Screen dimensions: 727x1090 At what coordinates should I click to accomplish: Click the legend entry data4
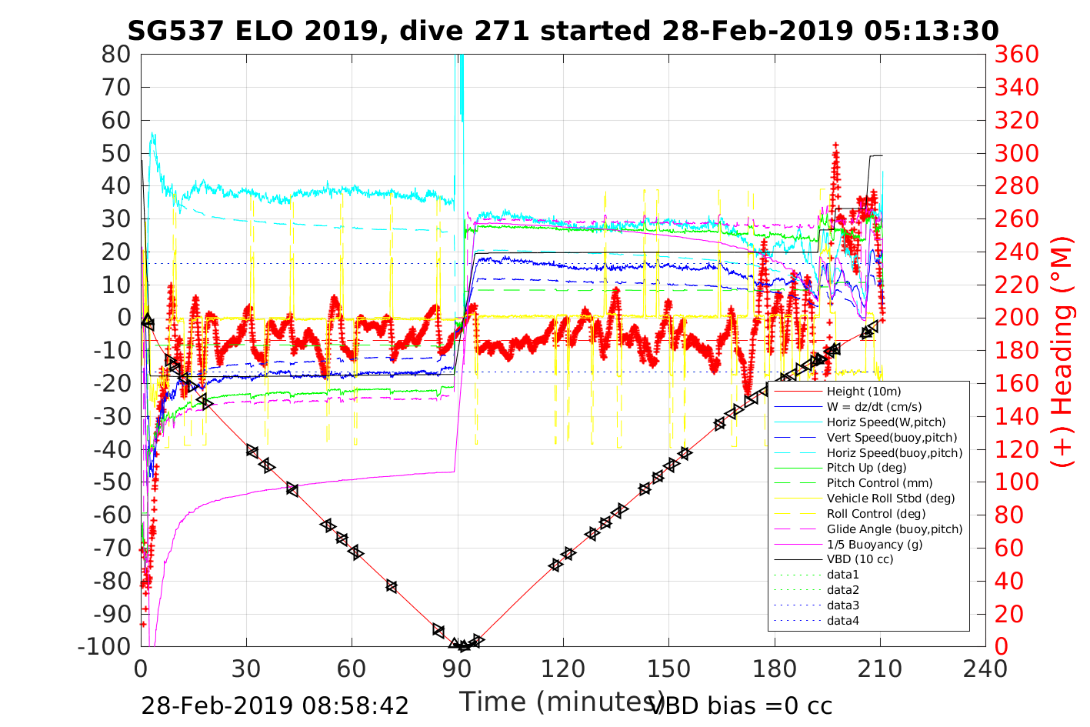[842, 620]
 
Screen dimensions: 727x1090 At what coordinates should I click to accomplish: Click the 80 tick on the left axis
[116, 55]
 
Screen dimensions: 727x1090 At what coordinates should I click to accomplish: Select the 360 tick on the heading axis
[1016, 55]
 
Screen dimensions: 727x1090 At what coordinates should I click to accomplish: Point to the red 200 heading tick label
[1016, 318]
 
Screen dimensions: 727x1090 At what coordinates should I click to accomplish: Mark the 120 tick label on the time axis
[563, 669]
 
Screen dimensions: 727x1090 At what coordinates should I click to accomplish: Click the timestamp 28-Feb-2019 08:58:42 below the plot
[275, 705]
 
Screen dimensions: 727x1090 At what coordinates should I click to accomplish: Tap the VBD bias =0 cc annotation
[742, 705]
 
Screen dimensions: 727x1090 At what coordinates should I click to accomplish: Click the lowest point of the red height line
[463, 645]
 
